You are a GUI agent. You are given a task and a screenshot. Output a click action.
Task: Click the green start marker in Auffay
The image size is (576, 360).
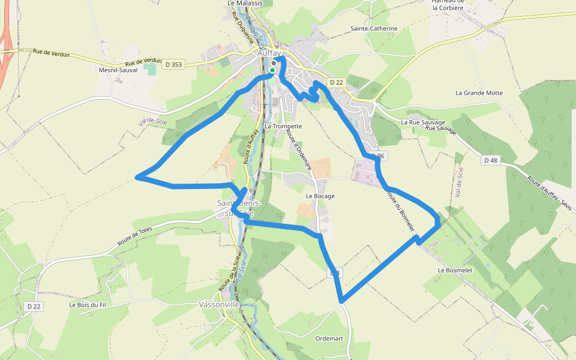[x=272, y=70]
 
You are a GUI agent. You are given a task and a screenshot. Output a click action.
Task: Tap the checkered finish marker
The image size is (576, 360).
[x=274, y=63]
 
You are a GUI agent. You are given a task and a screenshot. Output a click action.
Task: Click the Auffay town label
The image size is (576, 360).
[x=269, y=53]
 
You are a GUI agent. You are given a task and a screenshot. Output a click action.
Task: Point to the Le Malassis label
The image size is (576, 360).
[x=245, y=3]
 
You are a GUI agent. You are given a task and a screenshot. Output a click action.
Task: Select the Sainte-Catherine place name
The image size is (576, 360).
[x=374, y=28]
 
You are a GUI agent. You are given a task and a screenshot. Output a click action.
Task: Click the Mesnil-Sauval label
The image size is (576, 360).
[x=118, y=70]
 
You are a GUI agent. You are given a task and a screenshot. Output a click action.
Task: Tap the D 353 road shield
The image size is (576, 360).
[x=172, y=64]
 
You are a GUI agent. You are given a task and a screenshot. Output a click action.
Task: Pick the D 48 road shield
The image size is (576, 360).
[x=490, y=160]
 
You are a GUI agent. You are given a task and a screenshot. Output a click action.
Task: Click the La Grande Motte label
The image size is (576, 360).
[x=479, y=93]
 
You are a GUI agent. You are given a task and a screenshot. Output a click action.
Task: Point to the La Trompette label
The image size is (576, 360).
[x=283, y=127]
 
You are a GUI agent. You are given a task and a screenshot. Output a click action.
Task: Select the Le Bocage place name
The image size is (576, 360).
[x=320, y=196]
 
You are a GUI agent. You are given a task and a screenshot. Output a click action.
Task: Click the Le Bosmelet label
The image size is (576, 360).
[x=457, y=270]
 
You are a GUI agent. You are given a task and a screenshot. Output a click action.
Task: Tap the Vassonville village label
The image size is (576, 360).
[x=219, y=304]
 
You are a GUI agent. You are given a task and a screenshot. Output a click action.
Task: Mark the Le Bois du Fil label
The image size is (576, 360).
[x=87, y=305]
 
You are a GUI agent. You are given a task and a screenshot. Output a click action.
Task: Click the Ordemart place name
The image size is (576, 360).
[x=329, y=338]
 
